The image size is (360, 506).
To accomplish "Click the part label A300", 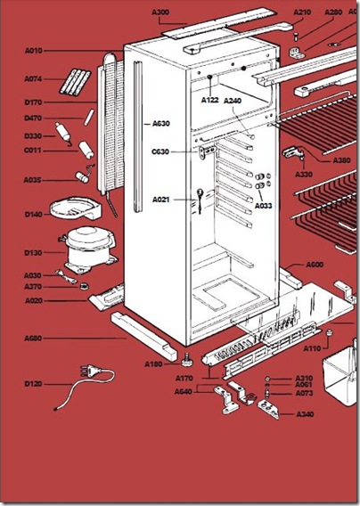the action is [x=160, y=12].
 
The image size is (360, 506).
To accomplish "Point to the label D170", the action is [x=33, y=102].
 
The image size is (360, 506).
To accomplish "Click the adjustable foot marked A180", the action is [x=186, y=360].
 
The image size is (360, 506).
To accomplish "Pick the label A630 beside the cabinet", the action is [x=161, y=123].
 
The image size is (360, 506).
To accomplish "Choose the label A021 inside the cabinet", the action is [x=160, y=200].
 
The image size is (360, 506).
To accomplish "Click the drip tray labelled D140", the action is [x=76, y=208].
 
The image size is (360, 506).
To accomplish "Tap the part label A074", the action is [x=33, y=78].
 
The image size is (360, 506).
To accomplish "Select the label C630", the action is [x=160, y=151].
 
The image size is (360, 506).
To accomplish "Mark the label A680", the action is [x=33, y=339].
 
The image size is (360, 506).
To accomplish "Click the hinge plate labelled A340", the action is [x=268, y=409].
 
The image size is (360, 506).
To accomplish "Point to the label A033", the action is [x=264, y=206].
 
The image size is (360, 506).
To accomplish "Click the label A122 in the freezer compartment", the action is [x=210, y=100].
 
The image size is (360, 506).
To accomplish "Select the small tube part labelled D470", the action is [x=89, y=117].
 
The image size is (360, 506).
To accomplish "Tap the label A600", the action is [x=315, y=265].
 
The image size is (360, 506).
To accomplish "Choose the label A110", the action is [x=312, y=348].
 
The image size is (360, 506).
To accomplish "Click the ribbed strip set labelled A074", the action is [x=75, y=82].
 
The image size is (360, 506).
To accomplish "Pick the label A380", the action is [x=341, y=160].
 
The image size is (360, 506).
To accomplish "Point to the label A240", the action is [x=233, y=101].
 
